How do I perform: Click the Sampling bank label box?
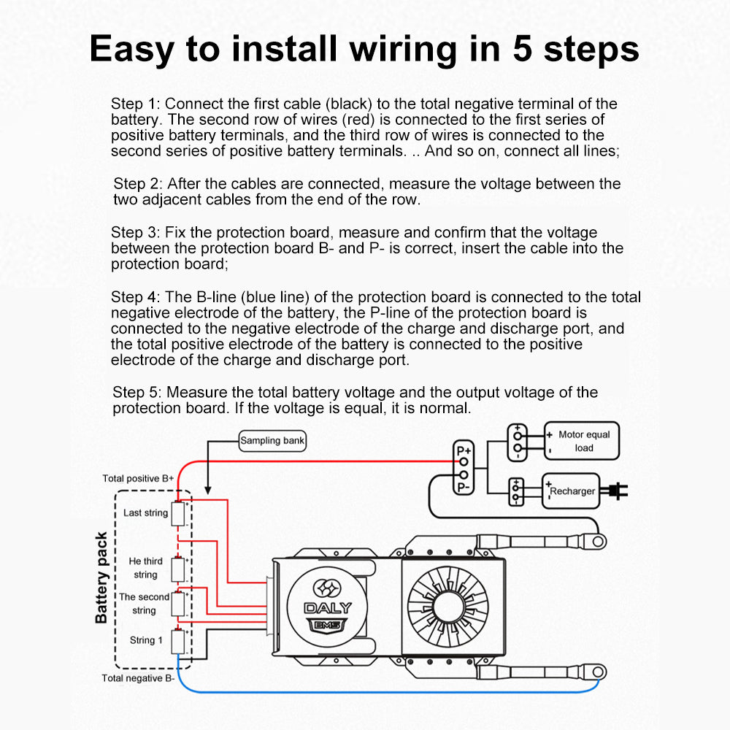272,440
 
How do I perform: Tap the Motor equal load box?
582,441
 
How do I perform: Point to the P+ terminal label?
464,451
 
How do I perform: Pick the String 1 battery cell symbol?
177,641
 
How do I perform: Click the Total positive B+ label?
138,479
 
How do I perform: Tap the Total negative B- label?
138,678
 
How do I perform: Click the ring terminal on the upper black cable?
599,541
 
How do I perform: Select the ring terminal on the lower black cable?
599,669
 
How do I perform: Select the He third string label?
145,568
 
